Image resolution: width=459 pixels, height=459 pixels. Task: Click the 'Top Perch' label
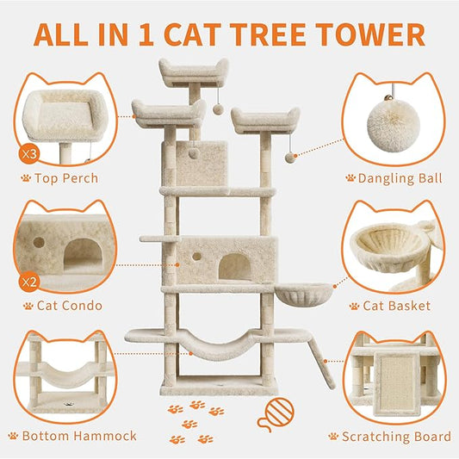point(68,179)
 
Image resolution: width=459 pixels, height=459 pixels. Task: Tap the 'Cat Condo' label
point(68,305)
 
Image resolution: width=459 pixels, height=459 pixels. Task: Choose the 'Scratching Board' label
point(394,436)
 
